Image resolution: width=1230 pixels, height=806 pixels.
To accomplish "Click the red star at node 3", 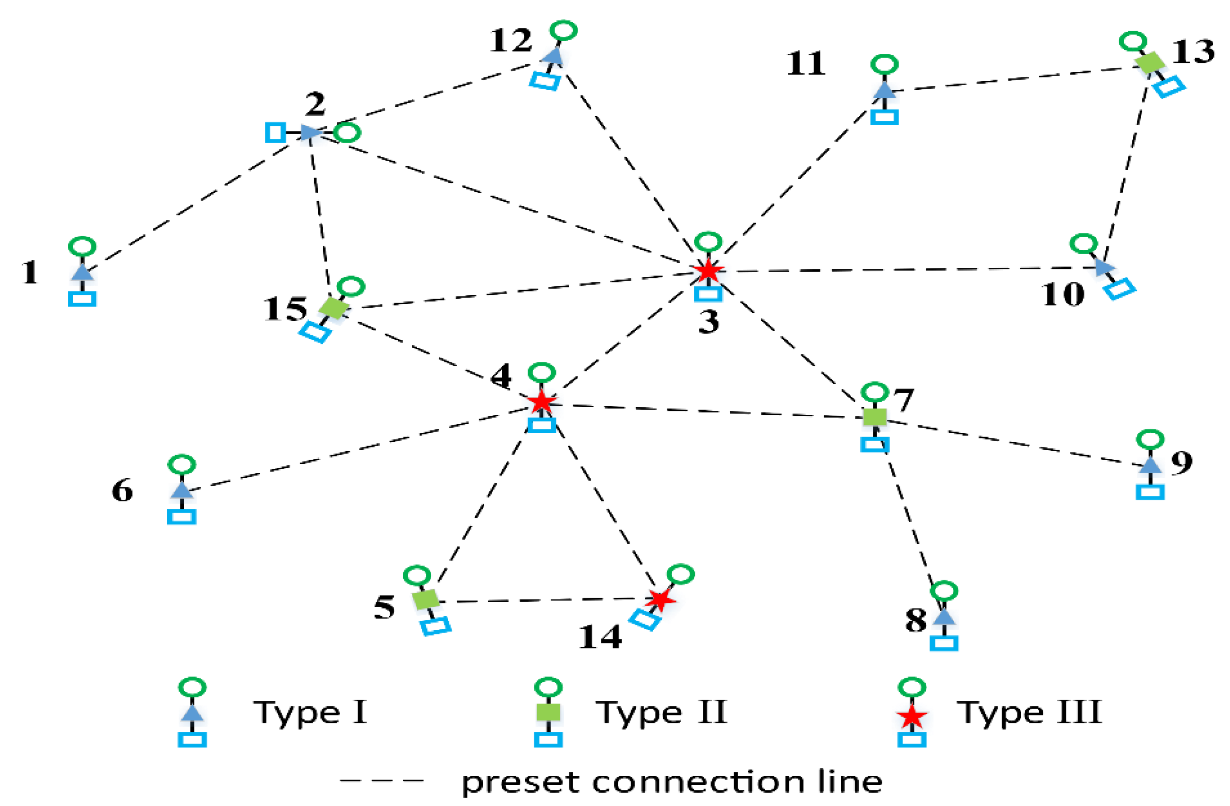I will click(708, 270).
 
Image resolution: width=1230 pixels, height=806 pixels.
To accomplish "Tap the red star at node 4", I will click(541, 401).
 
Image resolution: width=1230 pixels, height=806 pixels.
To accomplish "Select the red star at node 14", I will click(660, 599).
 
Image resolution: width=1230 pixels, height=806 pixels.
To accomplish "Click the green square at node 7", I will click(874, 417).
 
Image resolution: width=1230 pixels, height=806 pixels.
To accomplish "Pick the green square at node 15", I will click(334, 308).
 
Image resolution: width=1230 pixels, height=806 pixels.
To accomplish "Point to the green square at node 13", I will click(1150, 62).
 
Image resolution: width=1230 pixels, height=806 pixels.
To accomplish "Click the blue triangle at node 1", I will click(82, 273).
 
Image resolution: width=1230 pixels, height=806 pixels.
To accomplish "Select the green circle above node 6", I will click(181, 464).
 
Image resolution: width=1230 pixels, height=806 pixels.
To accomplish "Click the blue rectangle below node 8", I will click(944, 643).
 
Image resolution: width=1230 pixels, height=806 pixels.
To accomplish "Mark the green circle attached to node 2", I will click(347, 133).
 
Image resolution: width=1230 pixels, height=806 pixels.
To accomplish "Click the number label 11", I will click(805, 64).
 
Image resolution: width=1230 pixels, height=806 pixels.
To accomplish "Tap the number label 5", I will click(384, 607).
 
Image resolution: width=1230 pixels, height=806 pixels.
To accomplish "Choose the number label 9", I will click(1181, 462).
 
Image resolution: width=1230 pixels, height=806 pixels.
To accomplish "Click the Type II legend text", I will click(661, 712).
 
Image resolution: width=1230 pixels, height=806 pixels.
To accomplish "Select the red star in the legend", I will click(912, 717).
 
